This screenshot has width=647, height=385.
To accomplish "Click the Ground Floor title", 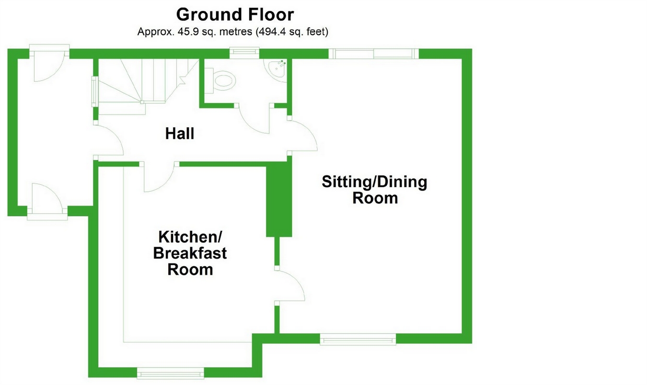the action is click(234, 14).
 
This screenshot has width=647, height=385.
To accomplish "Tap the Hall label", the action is click(180, 134).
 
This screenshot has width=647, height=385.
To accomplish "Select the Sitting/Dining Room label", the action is click(374, 190).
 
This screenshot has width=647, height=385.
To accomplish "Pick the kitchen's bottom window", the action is click(170, 372).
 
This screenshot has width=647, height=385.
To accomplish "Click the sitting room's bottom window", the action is click(358, 339).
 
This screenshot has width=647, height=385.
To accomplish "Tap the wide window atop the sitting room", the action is click(373, 53).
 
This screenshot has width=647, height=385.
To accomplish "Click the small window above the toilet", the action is click(244, 52).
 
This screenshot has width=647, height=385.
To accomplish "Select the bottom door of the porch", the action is click(46, 199).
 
